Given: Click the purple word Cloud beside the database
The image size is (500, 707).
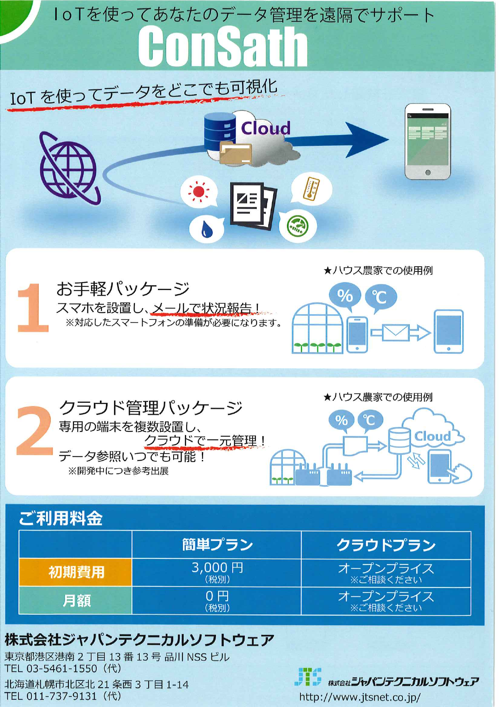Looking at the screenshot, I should coord(266,128).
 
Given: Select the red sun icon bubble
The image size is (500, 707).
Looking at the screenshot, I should coord(199,192).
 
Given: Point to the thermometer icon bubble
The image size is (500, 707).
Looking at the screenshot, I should coord(311,189).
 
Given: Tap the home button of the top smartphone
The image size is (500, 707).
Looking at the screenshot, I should coord(427,172).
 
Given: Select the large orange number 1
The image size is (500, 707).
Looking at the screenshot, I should coord(33,308).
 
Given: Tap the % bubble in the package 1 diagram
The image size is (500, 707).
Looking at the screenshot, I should coord(345,296).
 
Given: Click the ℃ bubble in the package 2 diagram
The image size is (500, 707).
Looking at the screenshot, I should coord(369,420).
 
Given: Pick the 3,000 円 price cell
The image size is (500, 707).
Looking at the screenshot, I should coord(217,572).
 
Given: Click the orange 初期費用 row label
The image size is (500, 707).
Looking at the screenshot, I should coord(76,572).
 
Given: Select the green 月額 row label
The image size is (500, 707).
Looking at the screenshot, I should coord(76,600).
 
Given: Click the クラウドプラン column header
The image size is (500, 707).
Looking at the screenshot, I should coord(386,545).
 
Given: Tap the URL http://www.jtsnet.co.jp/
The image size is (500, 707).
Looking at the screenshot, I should coord(360,697).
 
